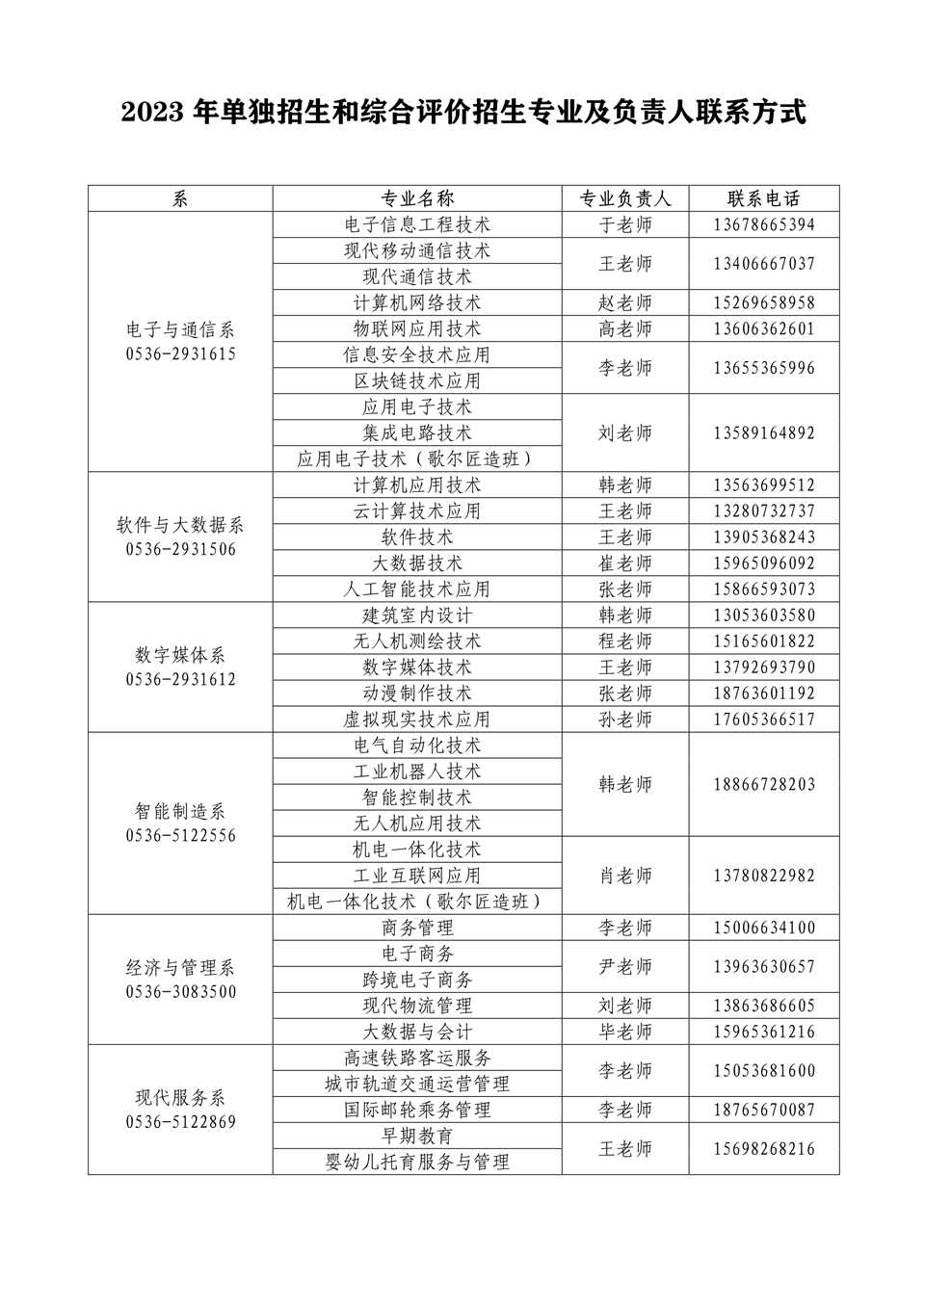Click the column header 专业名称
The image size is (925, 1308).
[x=417, y=199]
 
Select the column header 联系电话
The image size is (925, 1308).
[x=764, y=199]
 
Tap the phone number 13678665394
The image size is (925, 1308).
[x=764, y=225]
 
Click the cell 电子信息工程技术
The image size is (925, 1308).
[x=417, y=225]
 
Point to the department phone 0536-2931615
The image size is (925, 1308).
[x=180, y=354]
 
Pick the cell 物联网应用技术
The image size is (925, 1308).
[x=417, y=329]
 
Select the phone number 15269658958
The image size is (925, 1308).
[x=764, y=303]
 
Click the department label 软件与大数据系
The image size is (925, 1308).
[x=180, y=525]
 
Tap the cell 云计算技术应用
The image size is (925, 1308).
[x=417, y=511]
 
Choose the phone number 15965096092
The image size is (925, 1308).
[x=764, y=563]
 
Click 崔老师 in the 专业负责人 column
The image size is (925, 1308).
[x=625, y=563]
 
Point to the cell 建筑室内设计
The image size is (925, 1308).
[x=417, y=615]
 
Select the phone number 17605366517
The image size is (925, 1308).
[x=764, y=719]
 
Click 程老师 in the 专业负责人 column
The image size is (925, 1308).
[x=625, y=641]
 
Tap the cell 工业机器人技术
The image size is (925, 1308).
[x=417, y=772]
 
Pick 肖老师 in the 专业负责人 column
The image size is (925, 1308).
[x=625, y=876]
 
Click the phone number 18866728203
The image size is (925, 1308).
[x=764, y=785]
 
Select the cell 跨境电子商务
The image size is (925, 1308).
[x=417, y=980]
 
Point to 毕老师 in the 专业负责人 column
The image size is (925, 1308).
[x=625, y=1032]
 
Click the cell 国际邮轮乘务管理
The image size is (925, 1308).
[x=417, y=1110]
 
